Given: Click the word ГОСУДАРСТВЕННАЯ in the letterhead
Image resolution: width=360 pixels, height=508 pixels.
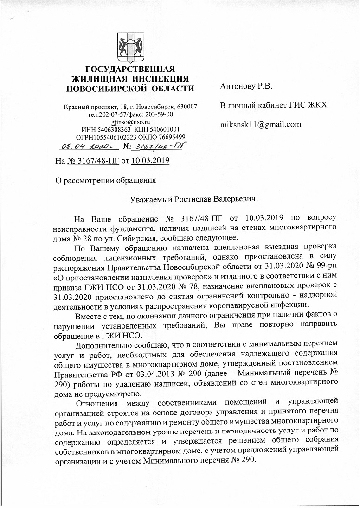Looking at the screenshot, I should (129, 70).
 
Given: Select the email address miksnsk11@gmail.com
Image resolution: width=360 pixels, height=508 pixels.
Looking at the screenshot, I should (260, 124).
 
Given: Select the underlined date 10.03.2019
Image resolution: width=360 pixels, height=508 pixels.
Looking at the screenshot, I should (150, 161).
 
